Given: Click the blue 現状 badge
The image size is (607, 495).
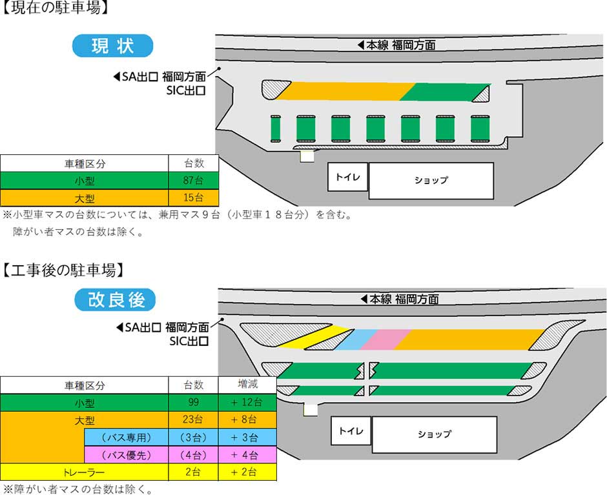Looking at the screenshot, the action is (112, 46).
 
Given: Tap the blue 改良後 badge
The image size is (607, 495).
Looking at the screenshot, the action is (115, 299).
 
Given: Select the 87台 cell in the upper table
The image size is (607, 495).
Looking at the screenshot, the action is (194, 180).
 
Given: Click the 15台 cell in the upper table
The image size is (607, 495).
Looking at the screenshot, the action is (194, 197).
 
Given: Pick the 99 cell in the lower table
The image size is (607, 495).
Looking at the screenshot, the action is (194, 403).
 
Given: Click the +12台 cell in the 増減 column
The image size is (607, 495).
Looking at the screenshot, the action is (247, 403).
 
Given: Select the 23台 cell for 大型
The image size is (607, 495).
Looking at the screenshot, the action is (194, 419).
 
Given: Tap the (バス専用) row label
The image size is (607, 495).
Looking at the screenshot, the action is (126, 438).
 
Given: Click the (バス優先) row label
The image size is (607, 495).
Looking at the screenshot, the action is (126, 455).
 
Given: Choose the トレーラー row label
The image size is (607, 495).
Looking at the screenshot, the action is (85, 472).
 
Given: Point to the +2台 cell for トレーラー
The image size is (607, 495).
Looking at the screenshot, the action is (247, 472).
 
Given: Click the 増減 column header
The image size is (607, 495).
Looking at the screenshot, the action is (247, 385).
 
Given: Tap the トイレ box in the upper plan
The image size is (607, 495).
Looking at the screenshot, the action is (347, 177).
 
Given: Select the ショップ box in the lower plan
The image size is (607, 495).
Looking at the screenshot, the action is (435, 434).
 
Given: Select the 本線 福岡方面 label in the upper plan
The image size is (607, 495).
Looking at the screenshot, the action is (396, 45).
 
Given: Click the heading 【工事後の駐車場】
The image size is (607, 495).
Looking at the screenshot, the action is (63, 270).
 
